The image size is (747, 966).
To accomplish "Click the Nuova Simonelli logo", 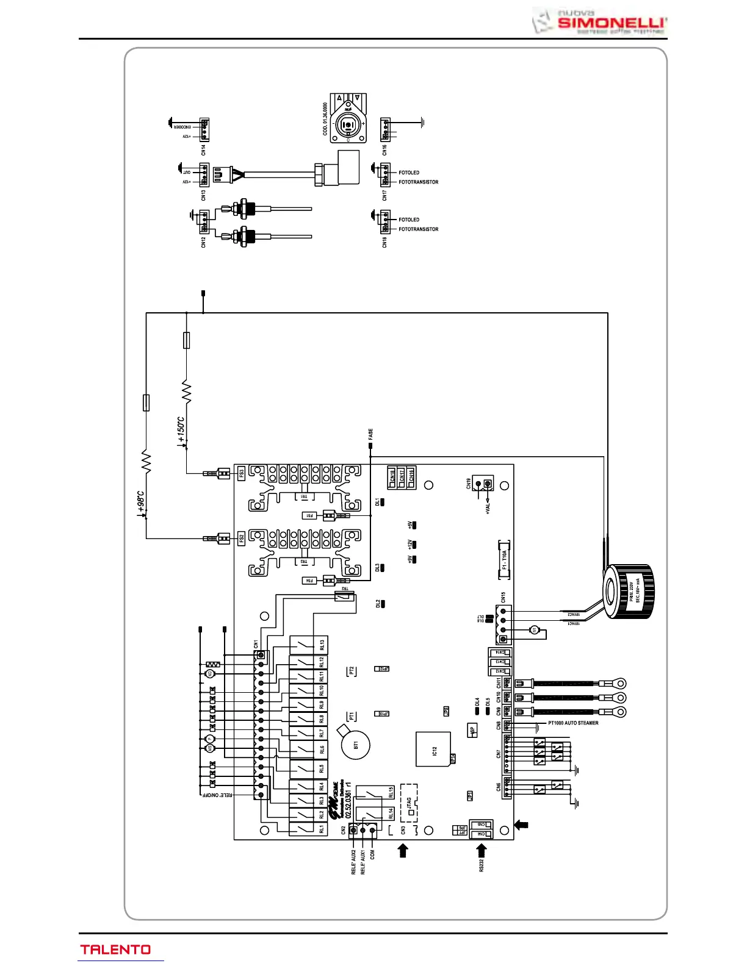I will pos(600,22).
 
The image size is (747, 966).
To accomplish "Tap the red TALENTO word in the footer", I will pos(115,950).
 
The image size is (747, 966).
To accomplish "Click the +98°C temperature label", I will pos(140,503).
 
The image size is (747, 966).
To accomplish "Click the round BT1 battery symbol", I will pos(356,745).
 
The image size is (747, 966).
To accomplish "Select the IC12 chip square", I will pos(434,751).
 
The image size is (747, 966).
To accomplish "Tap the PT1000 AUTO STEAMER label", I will pos(573,723).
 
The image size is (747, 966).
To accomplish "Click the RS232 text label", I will pos(482,867).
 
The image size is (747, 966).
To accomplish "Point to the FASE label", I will pos(370,434).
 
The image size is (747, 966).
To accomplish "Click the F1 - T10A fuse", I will pos(504,559).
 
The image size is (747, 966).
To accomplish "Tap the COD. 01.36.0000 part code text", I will pos(325,118).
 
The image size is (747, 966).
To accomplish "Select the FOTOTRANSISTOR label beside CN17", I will pos(419,182).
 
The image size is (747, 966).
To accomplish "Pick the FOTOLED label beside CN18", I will pos(409,220).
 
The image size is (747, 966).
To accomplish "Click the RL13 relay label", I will pos(322,645).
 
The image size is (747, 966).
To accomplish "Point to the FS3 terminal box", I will pos(241,473).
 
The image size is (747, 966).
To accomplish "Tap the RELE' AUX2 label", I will pos(354,862).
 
